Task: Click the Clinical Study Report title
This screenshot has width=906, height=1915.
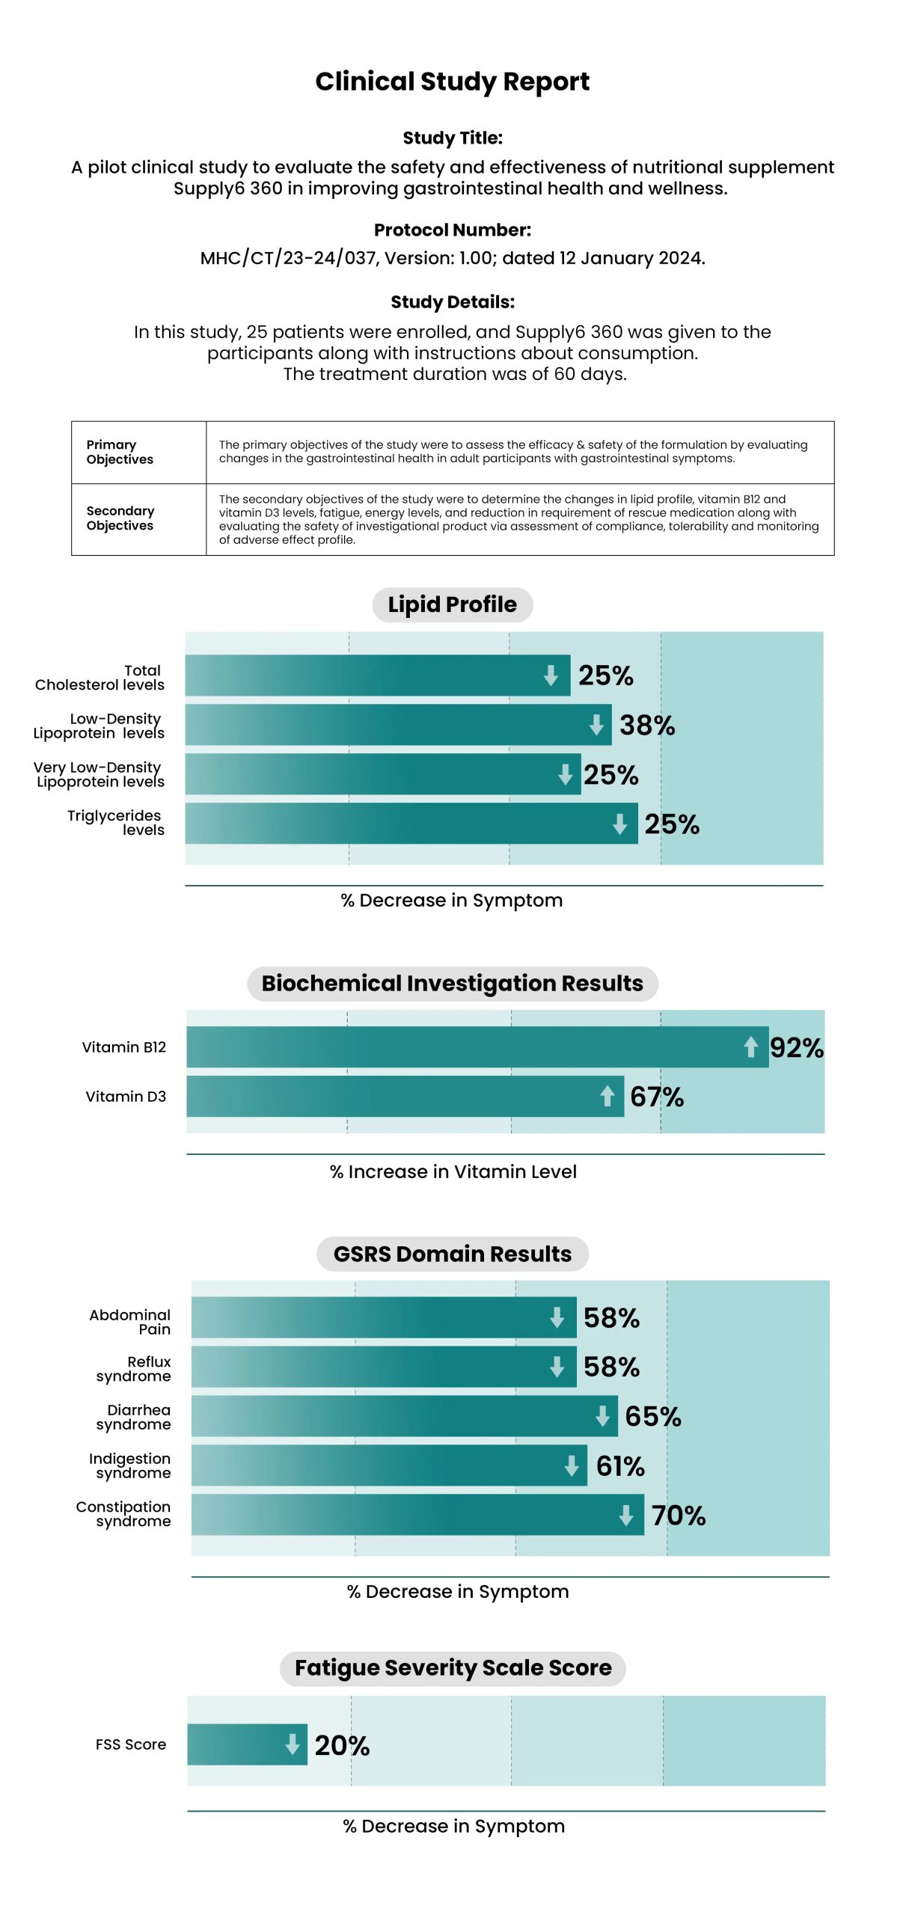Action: click(x=452, y=82)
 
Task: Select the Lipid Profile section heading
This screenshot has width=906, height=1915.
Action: click(x=452, y=604)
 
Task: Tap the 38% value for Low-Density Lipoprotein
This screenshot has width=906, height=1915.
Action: click(x=646, y=725)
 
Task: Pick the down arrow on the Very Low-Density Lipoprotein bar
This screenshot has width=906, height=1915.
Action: click(x=565, y=774)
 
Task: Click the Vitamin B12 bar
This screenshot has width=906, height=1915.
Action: click(x=464, y=1047)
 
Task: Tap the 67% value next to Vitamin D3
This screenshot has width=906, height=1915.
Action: click(x=656, y=1097)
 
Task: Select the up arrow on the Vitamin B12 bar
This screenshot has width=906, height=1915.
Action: click(x=750, y=1047)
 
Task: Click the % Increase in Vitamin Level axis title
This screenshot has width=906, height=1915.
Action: click(x=453, y=1171)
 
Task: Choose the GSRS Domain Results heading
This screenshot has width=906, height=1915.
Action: click(x=452, y=1254)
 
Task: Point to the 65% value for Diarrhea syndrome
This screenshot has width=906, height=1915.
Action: click(x=652, y=1416)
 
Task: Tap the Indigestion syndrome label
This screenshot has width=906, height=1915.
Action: click(x=130, y=1465)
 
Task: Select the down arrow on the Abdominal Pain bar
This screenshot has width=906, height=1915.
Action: click(x=557, y=1317)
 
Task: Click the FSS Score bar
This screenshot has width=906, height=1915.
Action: click(x=239, y=1744)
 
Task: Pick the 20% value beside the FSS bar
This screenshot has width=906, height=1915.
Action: click(x=342, y=1745)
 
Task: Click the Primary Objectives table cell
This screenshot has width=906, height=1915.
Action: click(x=120, y=452)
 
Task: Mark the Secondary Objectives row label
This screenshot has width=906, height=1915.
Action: click(x=120, y=518)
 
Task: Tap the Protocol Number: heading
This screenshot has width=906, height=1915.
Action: click(x=452, y=230)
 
